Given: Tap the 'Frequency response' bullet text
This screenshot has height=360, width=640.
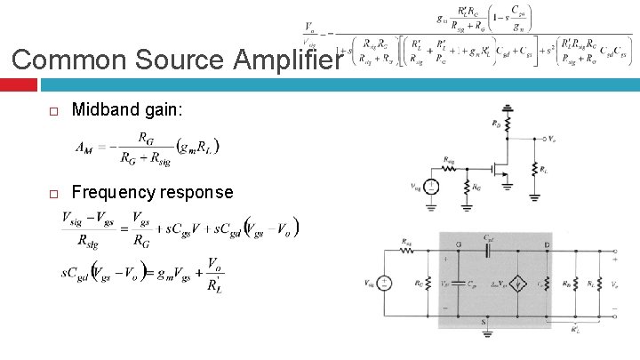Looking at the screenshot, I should (x=152, y=192).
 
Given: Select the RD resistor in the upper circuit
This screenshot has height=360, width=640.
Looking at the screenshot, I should (x=508, y=128).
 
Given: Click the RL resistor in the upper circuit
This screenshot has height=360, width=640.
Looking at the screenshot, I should (x=535, y=169).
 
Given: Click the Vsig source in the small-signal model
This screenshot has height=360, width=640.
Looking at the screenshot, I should (x=385, y=283).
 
